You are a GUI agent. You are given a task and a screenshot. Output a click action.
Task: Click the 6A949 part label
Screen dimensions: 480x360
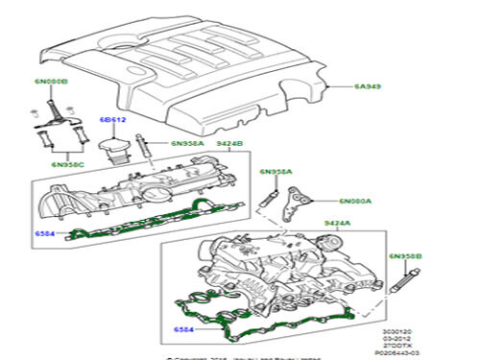(367, 86)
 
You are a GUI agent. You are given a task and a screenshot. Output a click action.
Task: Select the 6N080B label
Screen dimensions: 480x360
(52, 83)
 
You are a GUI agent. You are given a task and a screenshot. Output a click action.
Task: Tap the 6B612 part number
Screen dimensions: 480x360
(113, 121)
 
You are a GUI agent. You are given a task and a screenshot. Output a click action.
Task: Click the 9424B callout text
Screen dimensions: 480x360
(226, 144)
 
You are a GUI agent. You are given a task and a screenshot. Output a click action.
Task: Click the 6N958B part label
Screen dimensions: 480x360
(404, 257)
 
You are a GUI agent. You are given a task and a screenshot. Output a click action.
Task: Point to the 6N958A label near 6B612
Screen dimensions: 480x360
(187, 144)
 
